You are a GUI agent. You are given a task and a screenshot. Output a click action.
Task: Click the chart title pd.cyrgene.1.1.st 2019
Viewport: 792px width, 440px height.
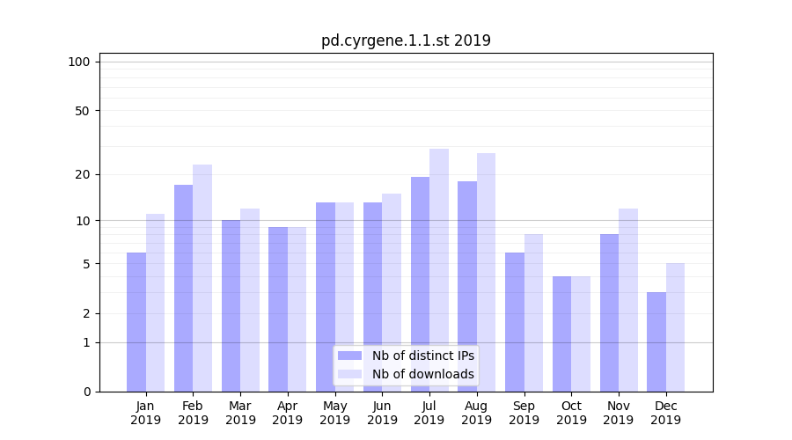406,40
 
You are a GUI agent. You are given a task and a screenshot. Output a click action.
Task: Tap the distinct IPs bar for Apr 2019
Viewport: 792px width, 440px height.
278,309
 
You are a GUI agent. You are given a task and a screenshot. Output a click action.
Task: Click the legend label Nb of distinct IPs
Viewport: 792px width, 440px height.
422,356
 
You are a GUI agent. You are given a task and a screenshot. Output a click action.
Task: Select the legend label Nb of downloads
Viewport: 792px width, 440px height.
422,374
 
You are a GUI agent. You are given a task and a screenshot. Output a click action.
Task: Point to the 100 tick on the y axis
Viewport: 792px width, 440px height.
79,62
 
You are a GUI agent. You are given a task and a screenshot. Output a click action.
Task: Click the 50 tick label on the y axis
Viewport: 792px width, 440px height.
82,111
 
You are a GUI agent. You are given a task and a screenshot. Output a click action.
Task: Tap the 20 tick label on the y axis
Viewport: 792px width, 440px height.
82,174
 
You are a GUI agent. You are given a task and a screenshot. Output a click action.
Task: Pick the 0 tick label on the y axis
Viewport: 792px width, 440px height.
86,392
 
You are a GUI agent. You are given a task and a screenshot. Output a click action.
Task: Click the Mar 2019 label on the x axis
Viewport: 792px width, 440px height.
240,413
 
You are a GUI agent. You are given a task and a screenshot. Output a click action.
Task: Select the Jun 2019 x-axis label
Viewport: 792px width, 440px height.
382,413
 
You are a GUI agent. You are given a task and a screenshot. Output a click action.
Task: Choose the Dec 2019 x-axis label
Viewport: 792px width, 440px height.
666,413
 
